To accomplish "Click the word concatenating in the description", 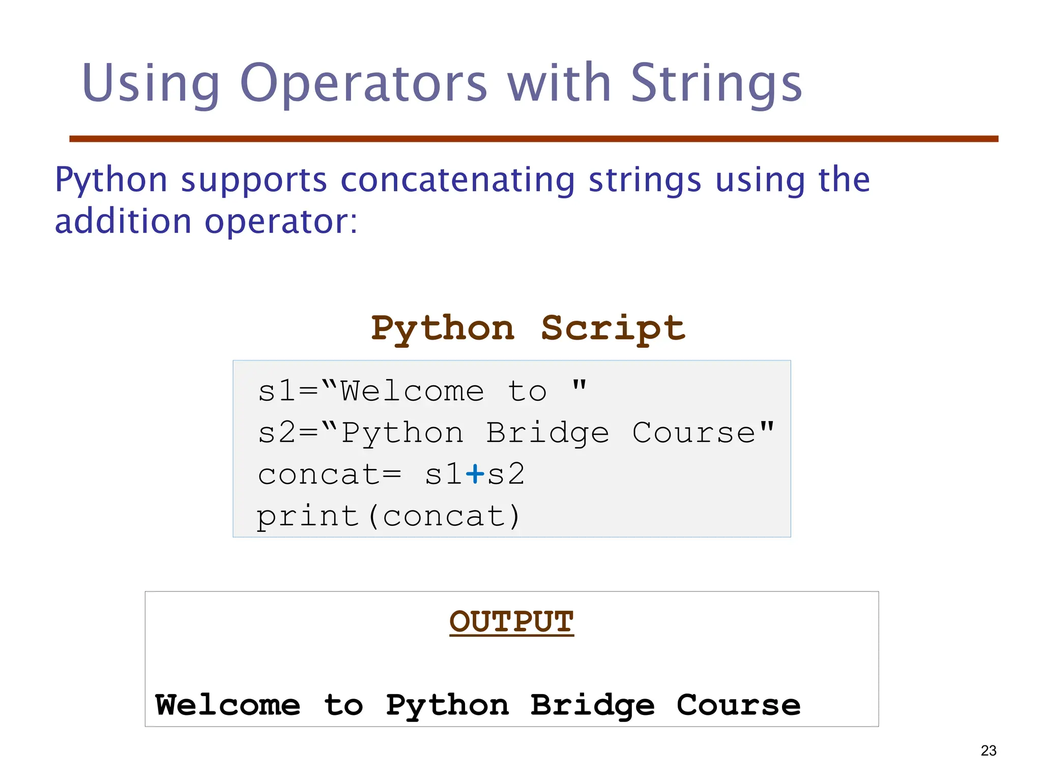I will point(457,180).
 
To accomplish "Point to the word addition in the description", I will point(123,222).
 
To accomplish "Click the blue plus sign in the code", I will point(475,474).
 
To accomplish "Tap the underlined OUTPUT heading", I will point(511,622).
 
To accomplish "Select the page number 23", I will point(988,750).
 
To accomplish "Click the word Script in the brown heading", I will point(613,328).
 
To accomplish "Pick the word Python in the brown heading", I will point(443,328).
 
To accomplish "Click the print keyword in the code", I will point(308,517).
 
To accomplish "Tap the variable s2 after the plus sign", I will point(505,474).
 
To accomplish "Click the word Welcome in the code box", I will point(412,392).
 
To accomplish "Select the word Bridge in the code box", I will point(547,433).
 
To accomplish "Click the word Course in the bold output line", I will point(738,705).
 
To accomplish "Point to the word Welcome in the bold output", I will point(227,705).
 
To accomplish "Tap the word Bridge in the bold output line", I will point(592,705).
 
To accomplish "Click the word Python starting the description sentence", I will point(111,180).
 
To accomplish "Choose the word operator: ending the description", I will point(281,222).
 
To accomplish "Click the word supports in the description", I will point(254,180).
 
